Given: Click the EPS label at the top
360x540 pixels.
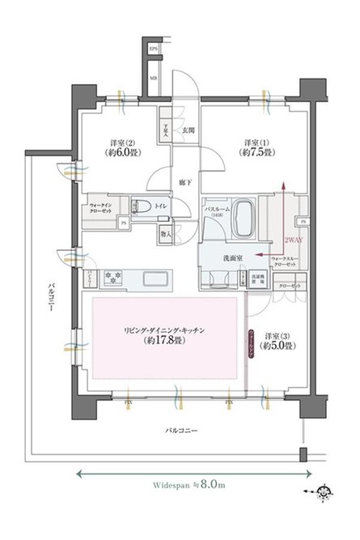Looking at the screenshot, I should tap(154, 51).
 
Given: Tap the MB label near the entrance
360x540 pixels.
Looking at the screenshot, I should tap(154, 78).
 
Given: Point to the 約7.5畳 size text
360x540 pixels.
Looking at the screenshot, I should tap(255, 151).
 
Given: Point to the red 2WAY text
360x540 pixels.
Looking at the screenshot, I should tap(293, 240).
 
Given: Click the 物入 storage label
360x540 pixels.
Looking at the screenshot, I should tap(166, 233).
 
